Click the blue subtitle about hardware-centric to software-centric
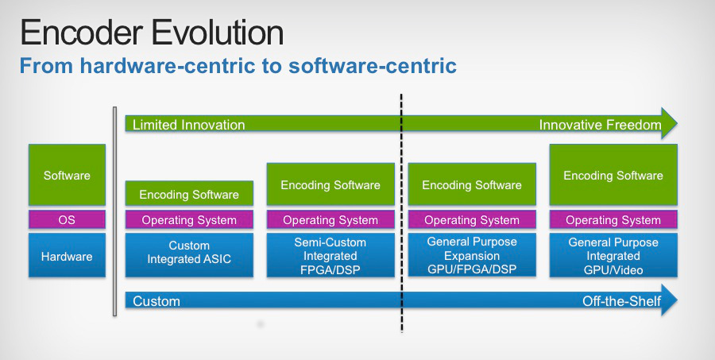tap(238, 66)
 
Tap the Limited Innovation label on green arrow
tap(188, 125)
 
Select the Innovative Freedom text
tap(600, 125)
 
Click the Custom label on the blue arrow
tap(157, 301)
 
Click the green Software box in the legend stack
tap(67, 176)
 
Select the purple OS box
tap(67, 219)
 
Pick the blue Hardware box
tap(67, 256)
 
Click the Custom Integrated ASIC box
tap(189, 253)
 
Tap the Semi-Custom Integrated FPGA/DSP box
tap(330, 256)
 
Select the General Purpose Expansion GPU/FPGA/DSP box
tap(472, 256)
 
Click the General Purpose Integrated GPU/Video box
tap(613, 256)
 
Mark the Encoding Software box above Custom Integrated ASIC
tap(189, 194)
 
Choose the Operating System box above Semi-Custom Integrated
tap(330, 220)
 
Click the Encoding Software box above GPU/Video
tap(613, 176)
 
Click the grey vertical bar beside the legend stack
tap(115, 211)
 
